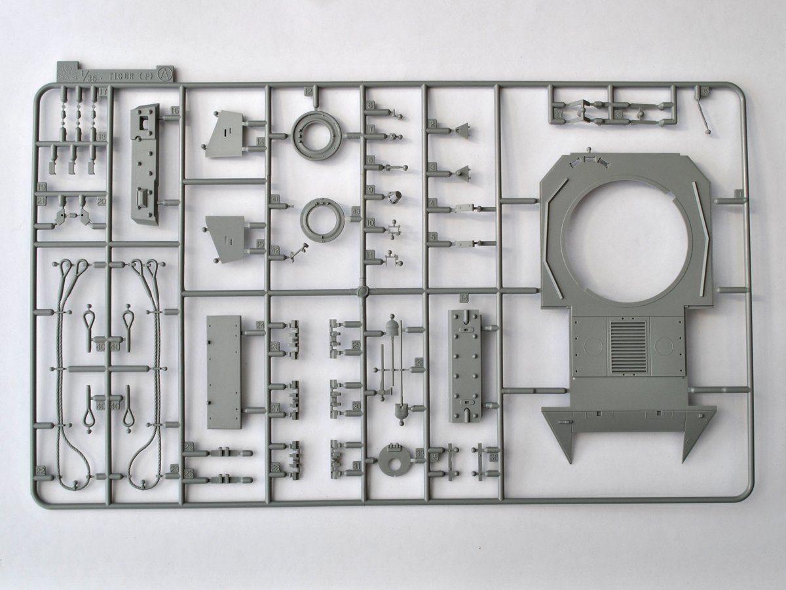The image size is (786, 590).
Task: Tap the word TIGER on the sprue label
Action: pos(120,77)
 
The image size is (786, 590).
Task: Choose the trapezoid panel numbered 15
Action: pos(227,238)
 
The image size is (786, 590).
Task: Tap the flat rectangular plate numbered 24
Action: pos(224,371)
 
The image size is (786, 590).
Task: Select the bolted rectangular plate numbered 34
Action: pos(464,364)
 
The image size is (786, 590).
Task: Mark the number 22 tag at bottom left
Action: pos(41,470)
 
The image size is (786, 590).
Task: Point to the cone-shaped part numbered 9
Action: pos(396,196)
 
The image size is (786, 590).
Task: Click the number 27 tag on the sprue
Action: pos(275,407)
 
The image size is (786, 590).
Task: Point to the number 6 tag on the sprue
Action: pos(370,105)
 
